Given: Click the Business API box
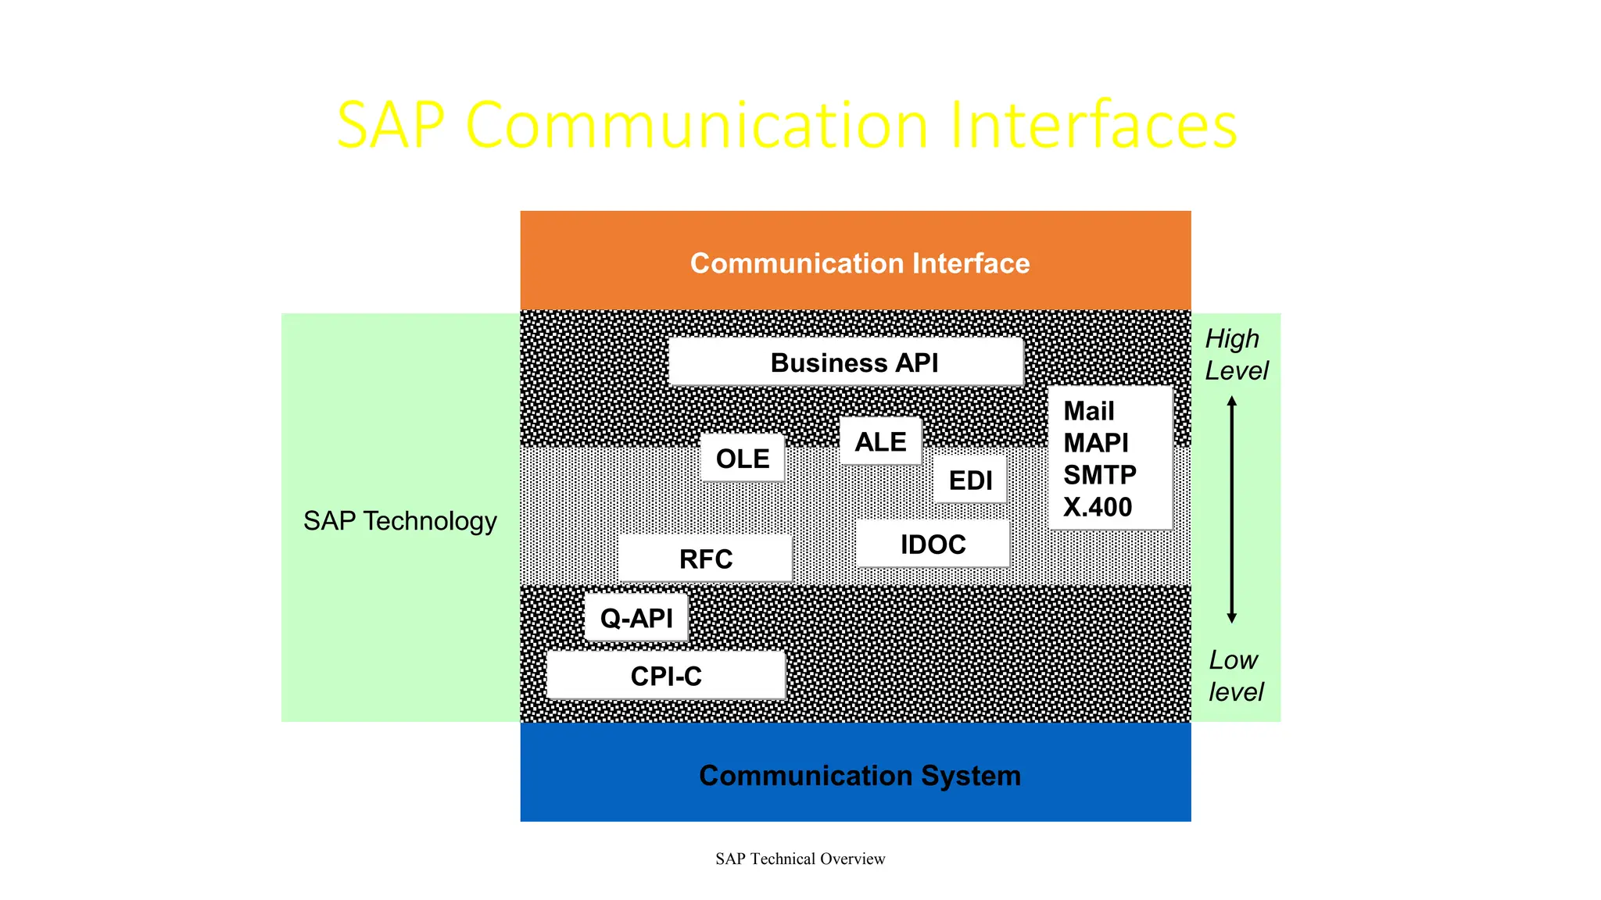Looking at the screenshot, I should tap(846, 362).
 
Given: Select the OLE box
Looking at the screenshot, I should tap(743, 459).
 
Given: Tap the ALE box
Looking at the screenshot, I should tap(880, 442).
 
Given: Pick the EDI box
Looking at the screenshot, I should tap(970, 480).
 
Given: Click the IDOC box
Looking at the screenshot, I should tap(933, 545).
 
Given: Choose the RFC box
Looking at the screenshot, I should tap(705, 559).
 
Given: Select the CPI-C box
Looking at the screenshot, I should tap(666, 676).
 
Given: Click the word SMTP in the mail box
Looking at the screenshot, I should tap(1099, 475).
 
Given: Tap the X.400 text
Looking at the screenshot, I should tap(1097, 508).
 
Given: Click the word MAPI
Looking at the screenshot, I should tap(1095, 443).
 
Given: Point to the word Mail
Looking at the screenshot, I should tap(1088, 411).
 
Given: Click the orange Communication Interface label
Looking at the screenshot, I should tap(859, 263).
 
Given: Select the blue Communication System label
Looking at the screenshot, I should tap(859, 776).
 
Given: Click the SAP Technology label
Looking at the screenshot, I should tap(399, 521).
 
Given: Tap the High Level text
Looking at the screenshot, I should tap(1236, 355).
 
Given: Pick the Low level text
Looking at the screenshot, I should tap(1235, 676).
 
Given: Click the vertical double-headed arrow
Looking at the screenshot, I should tap(1231, 509).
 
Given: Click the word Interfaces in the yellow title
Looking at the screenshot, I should tap(1093, 125).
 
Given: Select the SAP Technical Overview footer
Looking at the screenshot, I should tap(800, 859).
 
